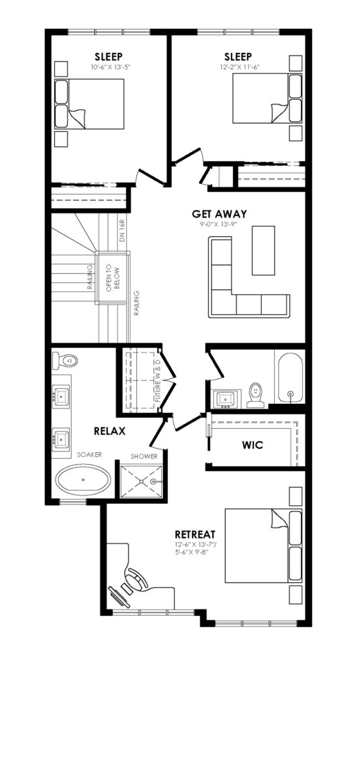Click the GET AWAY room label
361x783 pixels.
pyautogui.click(x=219, y=214)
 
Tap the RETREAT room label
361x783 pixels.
pyautogui.click(x=195, y=534)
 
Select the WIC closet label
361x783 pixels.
pyautogui.click(x=252, y=445)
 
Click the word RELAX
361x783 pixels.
pyautogui.click(x=110, y=431)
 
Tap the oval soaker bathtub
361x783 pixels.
pyautogui.click(x=84, y=480)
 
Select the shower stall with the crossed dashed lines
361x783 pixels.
pyautogui.click(x=141, y=481)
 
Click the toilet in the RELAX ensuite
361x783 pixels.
pyautogui.click(x=65, y=360)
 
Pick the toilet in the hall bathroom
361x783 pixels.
pyautogui.click(x=255, y=395)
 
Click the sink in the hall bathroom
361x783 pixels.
pyautogui.click(x=226, y=399)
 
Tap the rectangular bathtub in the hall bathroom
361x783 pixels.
pyautogui.click(x=290, y=379)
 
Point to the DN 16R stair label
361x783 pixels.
pyautogui.click(x=122, y=231)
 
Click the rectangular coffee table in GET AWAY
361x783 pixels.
pyautogui.click(x=263, y=251)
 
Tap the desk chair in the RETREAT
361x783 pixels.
pyautogui.click(x=137, y=579)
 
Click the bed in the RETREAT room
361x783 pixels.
pyautogui.click(x=263, y=545)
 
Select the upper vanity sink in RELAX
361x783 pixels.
pyautogui.click(x=61, y=396)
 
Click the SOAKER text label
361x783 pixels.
pyautogui.click(x=89, y=454)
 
